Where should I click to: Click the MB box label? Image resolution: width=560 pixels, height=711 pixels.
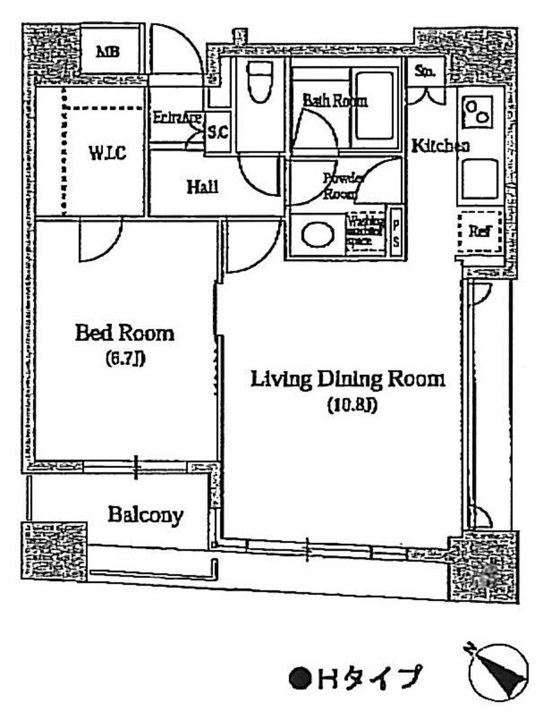point(109,52)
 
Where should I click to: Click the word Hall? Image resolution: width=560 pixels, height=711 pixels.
point(202,187)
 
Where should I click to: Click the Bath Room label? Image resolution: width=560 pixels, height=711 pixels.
point(335,100)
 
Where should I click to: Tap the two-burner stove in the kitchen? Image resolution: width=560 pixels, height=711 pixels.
point(479,112)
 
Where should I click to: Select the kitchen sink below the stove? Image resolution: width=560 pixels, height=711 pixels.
point(479,178)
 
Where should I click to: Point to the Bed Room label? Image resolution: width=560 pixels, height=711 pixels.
point(125,333)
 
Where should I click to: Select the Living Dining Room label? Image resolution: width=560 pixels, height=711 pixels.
point(347,379)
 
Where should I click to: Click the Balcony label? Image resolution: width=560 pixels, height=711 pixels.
point(145,515)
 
